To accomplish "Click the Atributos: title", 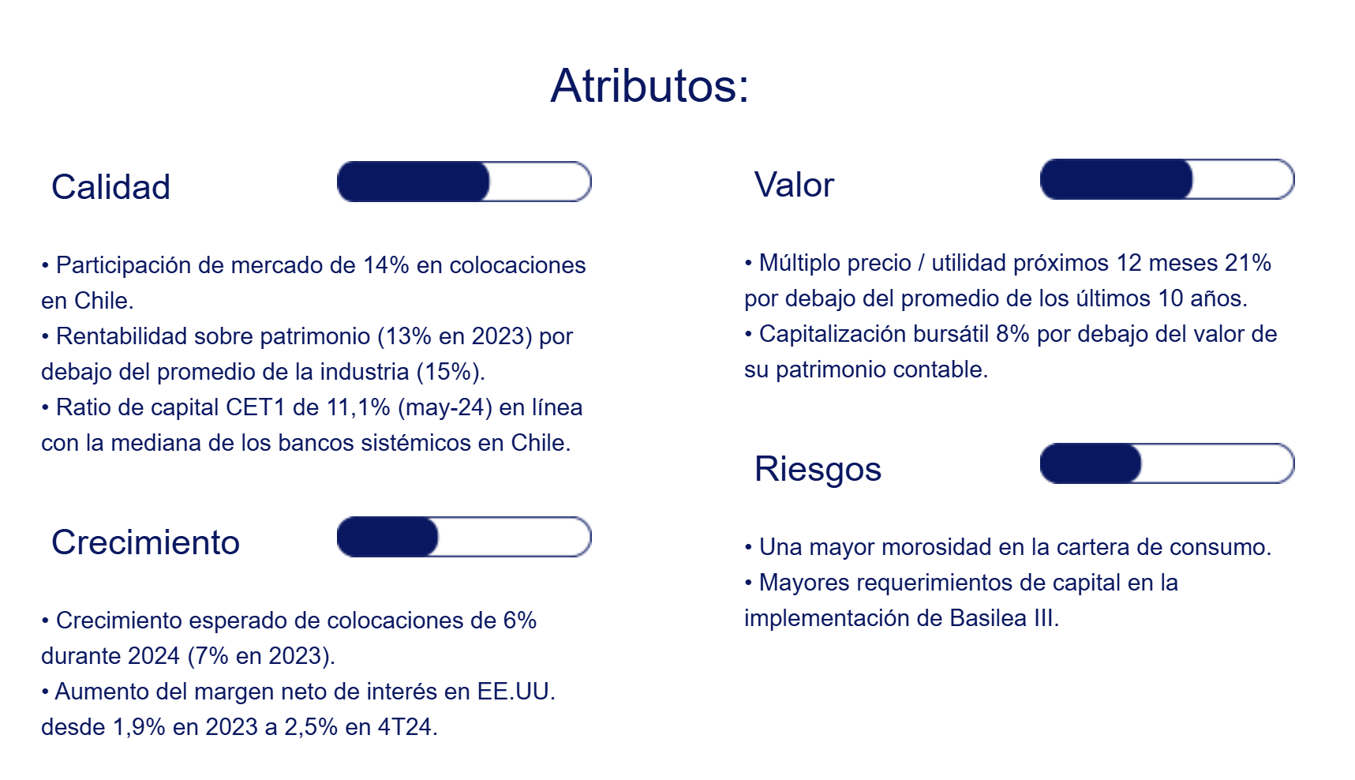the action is tap(649, 85).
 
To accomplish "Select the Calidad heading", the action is tap(110, 187).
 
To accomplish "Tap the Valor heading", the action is tap(794, 185).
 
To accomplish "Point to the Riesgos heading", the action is tap(818, 469).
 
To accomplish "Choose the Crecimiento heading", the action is tap(145, 542).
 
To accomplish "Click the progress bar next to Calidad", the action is tap(464, 182).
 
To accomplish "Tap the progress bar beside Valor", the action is tap(1167, 179).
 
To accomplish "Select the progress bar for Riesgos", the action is tap(1167, 463).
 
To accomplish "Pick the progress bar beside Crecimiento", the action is tap(464, 537).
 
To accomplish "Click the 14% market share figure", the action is tap(386, 265).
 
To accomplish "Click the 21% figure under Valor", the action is tap(1248, 263).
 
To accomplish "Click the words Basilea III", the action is tap(1002, 618).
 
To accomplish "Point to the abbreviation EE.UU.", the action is tap(516, 692).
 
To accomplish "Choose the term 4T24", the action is tap(407, 727).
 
